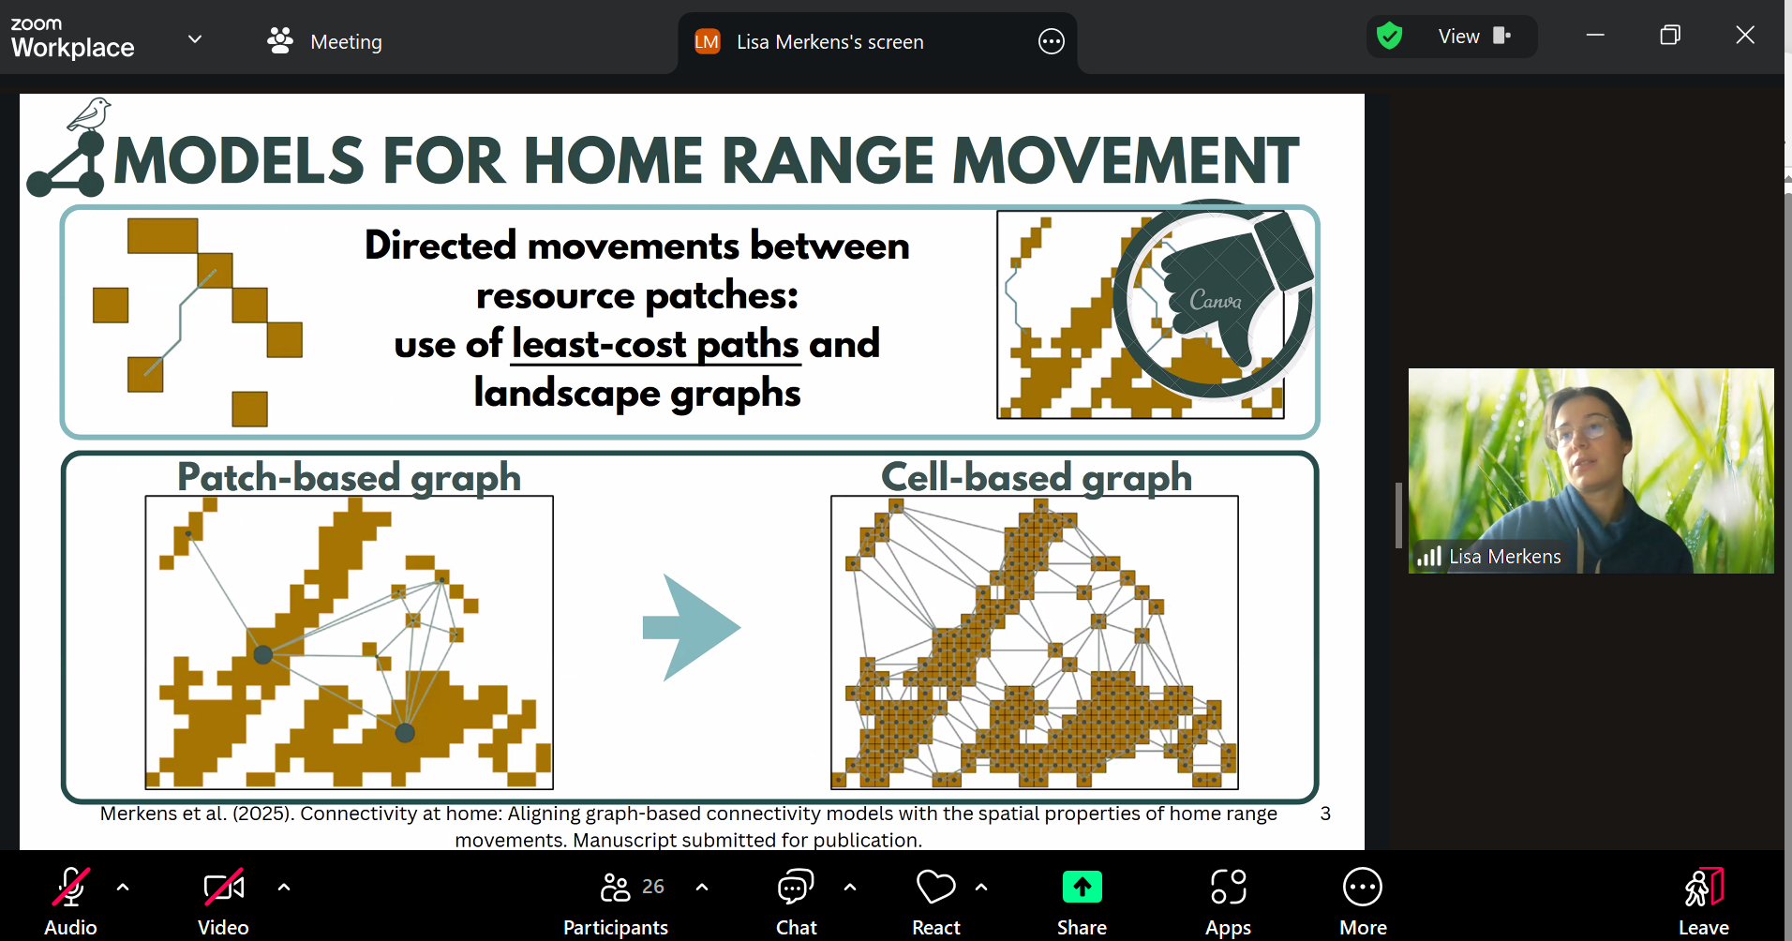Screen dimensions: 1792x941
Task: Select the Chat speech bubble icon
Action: [796, 887]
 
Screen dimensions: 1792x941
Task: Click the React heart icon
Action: [935, 887]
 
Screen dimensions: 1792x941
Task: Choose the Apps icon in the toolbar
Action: [1228, 887]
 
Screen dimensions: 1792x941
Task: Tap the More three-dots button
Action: [1363, 887]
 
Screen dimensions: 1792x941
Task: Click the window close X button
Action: [1745, 36]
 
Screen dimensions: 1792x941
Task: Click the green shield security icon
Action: [1389, 37]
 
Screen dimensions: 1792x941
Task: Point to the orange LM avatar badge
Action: [707, 42]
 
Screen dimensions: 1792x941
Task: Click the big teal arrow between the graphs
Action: [692, 627]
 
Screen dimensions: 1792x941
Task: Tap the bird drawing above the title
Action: [89, 114]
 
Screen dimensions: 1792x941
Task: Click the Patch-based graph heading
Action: [349, 477]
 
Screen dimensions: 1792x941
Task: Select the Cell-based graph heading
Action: [1037, 477]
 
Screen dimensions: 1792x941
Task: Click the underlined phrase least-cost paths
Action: [655, 344]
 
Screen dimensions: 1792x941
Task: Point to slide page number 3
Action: [1325, 814]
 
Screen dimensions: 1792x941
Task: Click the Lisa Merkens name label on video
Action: [1505, 557]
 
